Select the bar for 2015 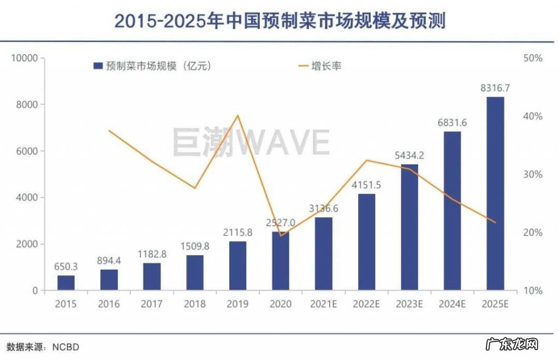point(66,283)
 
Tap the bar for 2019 point(237,265)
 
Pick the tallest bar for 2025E point(495,193)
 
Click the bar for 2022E point(366,241)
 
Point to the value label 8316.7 point(495,88)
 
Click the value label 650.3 point(66,267)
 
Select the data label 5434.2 point(409,155)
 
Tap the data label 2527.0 point(281,223)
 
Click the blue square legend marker point(98,66)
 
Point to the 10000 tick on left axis point(25,58)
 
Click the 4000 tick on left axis point(27,198)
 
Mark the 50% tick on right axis point(532,58)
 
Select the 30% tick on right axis point(532,174)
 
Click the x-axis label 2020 point(281,304)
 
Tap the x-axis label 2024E point(452,304)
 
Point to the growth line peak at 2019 point(237,115)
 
